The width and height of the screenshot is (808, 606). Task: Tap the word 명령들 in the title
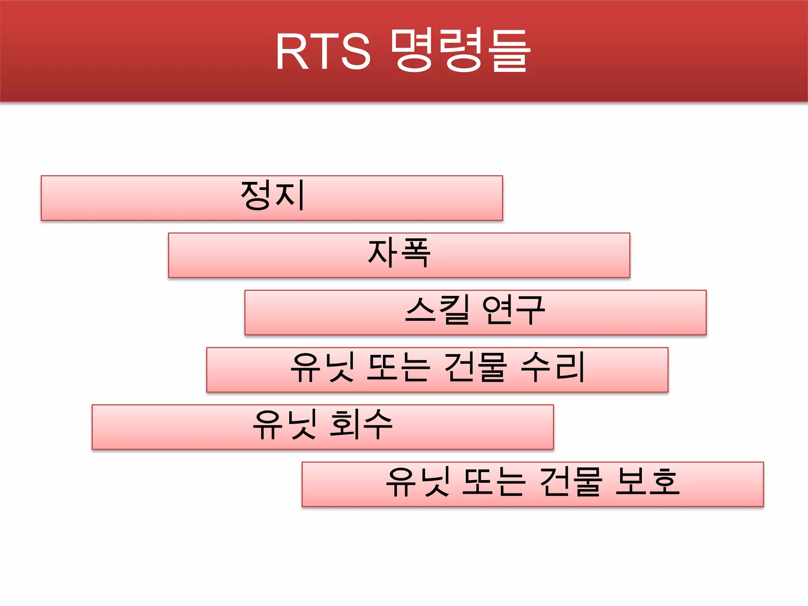[x=460, y=50]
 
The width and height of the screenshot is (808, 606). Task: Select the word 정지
[x=273, y=195]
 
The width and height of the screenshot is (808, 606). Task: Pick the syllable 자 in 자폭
[x=382, y=252]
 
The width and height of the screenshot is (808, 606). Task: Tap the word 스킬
[x=438, y=310]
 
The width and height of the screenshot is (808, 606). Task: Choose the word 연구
[x=513, y=310]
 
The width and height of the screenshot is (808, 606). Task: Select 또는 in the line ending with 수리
[x=398, y=368]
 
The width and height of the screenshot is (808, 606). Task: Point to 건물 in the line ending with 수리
[x=475, y=368]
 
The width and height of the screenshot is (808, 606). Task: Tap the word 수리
[x=552, y=368]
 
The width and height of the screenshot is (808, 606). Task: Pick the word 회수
[x=361, y=425]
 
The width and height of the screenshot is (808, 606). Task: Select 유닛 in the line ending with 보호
[x=418, y=482]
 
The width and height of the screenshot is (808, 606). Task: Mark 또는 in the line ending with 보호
[x=494, y=482]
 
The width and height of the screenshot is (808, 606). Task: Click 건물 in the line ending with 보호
[x=570, y=482]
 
